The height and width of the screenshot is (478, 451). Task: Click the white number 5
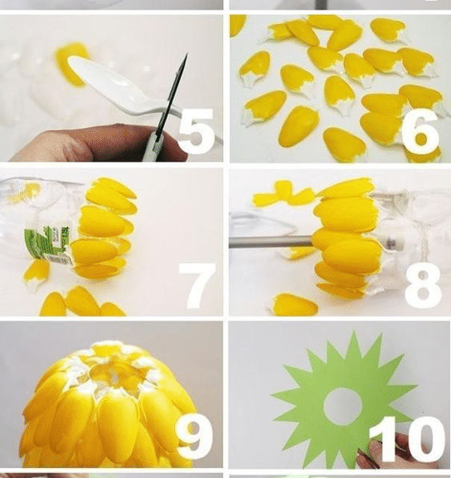tap(196, 131)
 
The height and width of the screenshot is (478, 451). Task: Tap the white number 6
tap(420, 131)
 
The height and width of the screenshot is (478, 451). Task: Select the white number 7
tap(198, 285)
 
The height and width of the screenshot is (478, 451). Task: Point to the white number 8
tap(423, 285)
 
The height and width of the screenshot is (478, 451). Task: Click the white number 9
tap(194, 437)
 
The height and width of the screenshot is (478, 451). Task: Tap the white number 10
tap(405, 440)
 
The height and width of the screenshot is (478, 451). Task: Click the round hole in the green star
tap(342, 406)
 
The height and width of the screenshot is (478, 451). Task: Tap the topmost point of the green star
tap(353, 330)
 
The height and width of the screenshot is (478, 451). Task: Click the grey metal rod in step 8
tap(271, 241)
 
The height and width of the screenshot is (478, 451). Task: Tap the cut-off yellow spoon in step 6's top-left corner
tap(238, 25)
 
